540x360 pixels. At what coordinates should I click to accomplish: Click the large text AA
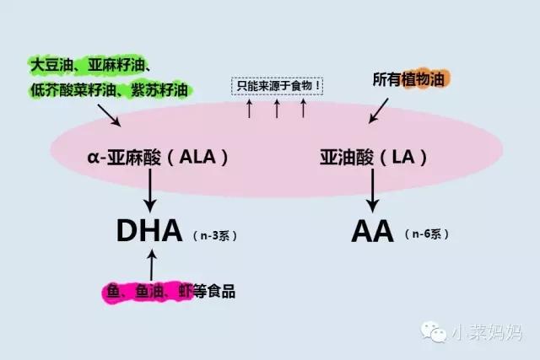[x=372, y=230]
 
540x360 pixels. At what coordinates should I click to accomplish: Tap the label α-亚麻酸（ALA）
[x=158, y=158]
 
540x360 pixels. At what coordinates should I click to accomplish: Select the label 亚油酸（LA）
[x=373, y=158]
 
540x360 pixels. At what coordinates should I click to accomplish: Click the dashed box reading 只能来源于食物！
[x=277, y=86]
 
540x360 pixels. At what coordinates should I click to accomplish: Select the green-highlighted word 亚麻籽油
[x=120, y=64]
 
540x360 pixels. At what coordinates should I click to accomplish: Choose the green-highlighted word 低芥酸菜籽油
[x=73, y=89]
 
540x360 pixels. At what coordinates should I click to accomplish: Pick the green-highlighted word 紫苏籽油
[x=164, y=89]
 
